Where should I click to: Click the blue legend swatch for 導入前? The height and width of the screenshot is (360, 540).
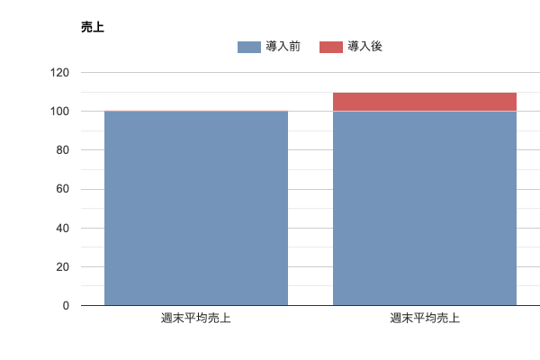point(248,47)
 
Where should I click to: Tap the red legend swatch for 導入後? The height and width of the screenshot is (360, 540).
point(330,47)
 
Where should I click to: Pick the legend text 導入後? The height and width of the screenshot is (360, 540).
point(365,47)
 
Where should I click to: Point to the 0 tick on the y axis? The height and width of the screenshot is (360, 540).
point(66,306)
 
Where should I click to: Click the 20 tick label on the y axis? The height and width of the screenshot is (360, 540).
point(63,267)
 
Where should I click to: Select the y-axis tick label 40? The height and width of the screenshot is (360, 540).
point(63,229)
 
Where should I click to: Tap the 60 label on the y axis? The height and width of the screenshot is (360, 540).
point(63,189)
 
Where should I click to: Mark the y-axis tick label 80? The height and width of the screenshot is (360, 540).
point(63,150)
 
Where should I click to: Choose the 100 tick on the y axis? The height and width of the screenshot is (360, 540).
point(60,112)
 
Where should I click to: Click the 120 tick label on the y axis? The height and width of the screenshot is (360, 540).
point(60,72)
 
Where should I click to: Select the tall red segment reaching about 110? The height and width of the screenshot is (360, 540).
point(425,102)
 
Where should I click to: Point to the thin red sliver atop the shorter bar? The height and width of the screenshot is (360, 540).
point(196,111)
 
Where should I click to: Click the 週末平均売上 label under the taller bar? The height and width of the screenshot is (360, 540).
point(425,319)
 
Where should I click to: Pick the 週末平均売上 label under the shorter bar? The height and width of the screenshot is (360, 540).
point(196,319)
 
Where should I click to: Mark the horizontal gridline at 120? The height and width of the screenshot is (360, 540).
point(306,72)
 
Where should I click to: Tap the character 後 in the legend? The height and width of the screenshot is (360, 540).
point(377,47)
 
